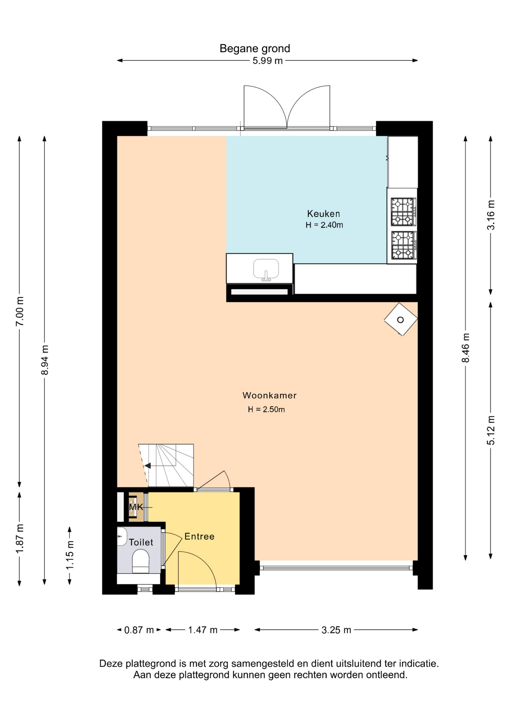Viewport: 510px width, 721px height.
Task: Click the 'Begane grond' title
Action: tap(255, 48)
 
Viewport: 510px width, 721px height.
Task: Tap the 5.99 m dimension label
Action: tap(267, 61)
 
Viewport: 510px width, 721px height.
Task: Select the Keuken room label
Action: tap(323, 214)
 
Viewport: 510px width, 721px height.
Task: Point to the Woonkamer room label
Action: tap(270, 395)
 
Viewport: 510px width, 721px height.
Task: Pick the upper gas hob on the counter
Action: tap(403, 212)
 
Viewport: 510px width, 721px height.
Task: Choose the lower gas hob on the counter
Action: tap(403, 245)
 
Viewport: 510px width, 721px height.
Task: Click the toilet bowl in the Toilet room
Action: tap(141, 561)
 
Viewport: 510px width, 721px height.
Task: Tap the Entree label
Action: tap(199, 536)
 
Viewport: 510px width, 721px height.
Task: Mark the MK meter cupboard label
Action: tap(136, 507)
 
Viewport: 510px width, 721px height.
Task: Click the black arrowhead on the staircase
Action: tap(148, 466)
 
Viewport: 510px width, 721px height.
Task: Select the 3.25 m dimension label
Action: tap(336, 630)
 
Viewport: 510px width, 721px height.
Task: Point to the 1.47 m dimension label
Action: tap(203, 630)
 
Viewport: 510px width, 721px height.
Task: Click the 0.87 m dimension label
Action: tap(139, 630)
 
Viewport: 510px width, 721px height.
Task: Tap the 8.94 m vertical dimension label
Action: tap(45, 360)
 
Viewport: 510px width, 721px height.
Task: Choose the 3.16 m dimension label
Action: tap(490, 215)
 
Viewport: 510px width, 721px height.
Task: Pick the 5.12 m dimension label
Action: tap(490, 430)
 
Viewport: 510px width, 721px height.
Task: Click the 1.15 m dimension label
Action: tap(70, 555)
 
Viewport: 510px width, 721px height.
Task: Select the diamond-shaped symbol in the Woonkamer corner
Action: tap(400, 319)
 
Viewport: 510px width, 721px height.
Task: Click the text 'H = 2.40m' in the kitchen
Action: tap(324, 225)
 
